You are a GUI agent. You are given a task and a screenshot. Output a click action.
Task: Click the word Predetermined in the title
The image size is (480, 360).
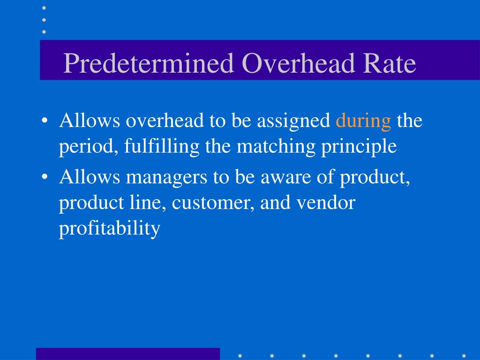pos(149,63)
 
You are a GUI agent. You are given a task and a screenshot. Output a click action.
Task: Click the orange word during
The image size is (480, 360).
pos(363,121)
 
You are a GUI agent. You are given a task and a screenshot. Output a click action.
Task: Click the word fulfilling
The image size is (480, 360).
pos(162,147)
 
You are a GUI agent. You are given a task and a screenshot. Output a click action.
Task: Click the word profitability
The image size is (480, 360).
pos(110,229)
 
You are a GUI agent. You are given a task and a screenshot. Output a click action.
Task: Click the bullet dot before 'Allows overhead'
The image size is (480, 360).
pos(45,121)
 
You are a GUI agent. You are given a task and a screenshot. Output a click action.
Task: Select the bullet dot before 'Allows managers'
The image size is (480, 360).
pos(45,178)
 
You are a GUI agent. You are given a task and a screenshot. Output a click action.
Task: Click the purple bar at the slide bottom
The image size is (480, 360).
pos(127,353)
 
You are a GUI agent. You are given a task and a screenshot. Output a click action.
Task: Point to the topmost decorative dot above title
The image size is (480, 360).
pos(44,8)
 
